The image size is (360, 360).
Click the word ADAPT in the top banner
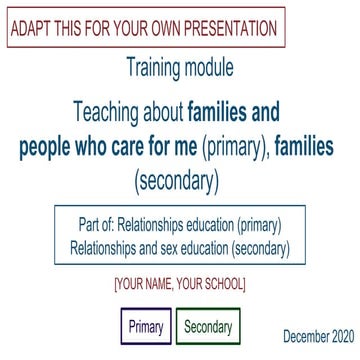click(33, 28)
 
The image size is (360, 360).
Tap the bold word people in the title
click(50, 147)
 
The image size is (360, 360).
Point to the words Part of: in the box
click(101, 224)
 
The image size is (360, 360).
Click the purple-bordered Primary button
click(146, 326)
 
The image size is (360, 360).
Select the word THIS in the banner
click(77, 28)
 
